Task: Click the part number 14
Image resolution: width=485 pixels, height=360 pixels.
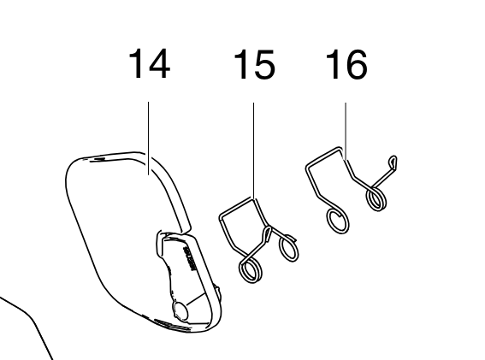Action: (150, 64)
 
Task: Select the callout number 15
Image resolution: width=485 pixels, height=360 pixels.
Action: (254, 64)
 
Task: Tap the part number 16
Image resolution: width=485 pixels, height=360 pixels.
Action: (346, 64)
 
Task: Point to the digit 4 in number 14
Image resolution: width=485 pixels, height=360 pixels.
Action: (158, 64)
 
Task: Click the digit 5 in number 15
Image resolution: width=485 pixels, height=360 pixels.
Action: (263, 64)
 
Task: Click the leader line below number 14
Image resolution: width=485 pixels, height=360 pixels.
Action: (149, 139)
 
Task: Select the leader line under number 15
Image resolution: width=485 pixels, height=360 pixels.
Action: (254, 151)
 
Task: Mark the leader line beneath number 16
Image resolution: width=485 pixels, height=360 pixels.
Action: (346, 131)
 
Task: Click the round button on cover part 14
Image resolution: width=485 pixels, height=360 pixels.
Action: (180, 310)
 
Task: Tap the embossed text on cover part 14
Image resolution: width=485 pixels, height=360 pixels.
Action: (190, 258)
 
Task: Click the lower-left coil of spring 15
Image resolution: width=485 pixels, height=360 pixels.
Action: (251, 270)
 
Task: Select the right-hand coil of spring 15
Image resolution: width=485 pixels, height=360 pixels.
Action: (289, 248)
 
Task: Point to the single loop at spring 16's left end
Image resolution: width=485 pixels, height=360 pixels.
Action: (338, 221)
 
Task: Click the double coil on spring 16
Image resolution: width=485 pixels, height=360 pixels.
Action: (376, 199)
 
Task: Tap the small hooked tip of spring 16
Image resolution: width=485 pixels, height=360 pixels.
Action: (393, 162)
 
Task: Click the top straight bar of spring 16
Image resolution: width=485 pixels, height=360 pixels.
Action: (324, 157)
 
